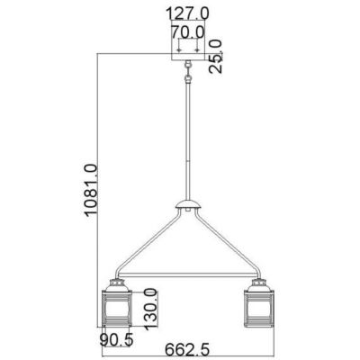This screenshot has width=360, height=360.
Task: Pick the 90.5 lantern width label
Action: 117,340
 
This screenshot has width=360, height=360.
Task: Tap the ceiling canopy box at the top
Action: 188,49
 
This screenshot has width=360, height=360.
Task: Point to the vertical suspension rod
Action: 188,135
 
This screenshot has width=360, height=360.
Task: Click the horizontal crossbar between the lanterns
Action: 188,273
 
